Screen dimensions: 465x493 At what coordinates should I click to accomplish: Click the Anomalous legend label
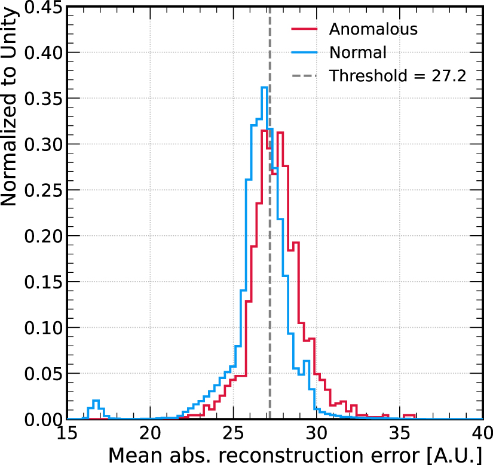[373, 29]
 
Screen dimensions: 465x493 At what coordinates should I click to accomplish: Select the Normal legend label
[358, 53]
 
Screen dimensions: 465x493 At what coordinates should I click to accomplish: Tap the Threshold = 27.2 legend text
[397, 76]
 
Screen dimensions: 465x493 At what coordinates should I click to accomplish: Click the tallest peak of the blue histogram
[264, 88]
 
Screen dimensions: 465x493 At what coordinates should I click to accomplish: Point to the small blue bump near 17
[96, 401]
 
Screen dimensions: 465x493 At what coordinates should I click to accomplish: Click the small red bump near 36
[409, 414]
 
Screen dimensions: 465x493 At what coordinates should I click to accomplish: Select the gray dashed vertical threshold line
[270, 269]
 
